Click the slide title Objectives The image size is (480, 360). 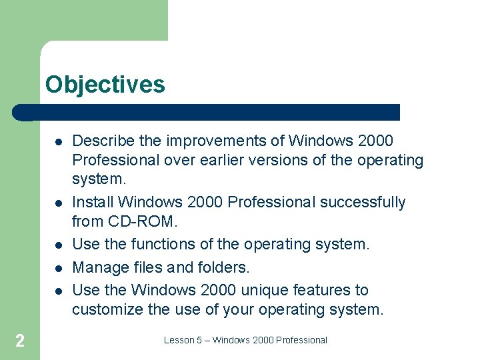click(x=105, y=85)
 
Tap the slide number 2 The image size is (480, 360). click(x=20, y=341)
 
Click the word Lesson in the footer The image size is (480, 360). click(x=178, y=340)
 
